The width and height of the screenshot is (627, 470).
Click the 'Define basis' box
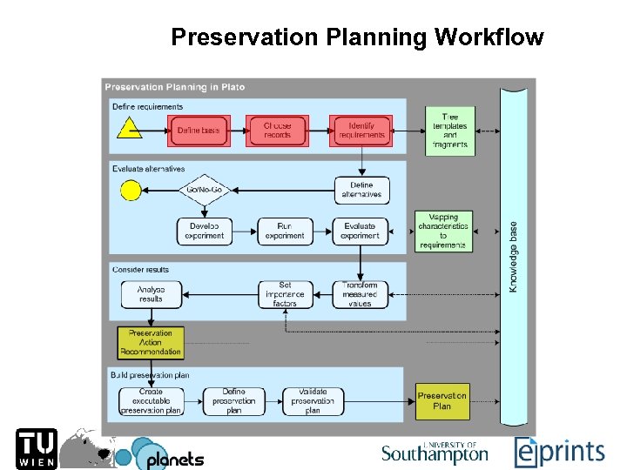[199, 131]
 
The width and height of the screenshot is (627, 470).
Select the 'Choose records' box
[278, 131]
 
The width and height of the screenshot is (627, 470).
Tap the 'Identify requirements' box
[361, 131]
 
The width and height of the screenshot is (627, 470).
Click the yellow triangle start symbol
[130, 130]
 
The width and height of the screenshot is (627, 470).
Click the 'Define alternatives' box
[361, 190]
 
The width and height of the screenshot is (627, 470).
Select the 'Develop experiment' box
[205, 231]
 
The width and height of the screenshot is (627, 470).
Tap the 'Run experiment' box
[285, 231]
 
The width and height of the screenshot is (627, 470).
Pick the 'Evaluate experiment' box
[360, 231]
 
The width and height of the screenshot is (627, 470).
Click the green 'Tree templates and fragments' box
[450, 131]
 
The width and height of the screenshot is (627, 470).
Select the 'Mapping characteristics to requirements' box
[442, 232]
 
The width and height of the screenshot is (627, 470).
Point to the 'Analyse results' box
[151, 294]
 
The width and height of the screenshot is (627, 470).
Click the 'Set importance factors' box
[285, 294]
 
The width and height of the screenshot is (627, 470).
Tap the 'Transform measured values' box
[360, 294]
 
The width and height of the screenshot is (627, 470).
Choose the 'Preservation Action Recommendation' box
[151, 342]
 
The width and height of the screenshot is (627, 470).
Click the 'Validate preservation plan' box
[313, 401]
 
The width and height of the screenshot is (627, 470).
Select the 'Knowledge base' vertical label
[514, 257]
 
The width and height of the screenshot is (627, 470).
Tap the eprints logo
[559, 451]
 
